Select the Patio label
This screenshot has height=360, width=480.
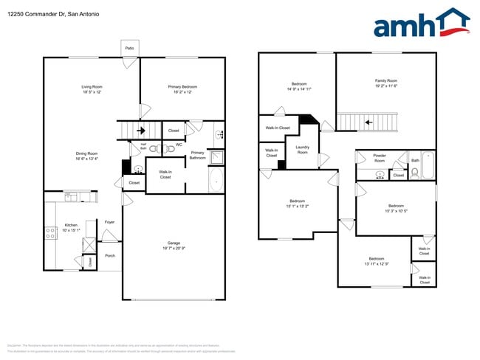129,48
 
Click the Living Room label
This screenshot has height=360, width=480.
91,87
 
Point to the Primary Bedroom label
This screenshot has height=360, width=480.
182,87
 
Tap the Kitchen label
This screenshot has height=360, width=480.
70,225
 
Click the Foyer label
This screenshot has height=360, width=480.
109,221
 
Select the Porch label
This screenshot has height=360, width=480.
109,256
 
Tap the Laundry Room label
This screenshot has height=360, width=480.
303,148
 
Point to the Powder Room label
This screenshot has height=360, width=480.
380,158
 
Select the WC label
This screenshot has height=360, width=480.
179,145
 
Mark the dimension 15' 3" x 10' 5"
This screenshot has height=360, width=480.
396,210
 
